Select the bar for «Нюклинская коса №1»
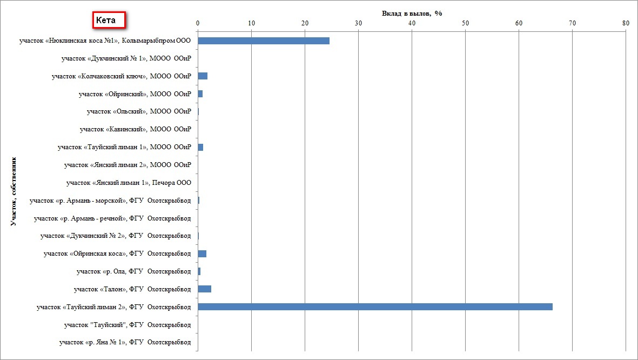[x=264, y=41]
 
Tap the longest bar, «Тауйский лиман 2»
[x=375, y=307]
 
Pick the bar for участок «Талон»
[x=204, y=289]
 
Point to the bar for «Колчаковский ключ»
[x=203, y=76]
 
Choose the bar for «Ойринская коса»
[x=202, y=254]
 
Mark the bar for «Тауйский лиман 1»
[x=200, y=147]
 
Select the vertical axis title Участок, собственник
[x=13, y=192]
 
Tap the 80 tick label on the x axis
[x=626, y=23]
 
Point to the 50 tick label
[x=465, y=23]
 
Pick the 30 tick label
[x=358, y=23]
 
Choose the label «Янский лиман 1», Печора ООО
[x=129, y=183]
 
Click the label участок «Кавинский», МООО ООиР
[x=135, y=129]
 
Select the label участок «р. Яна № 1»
[x=125, y=342]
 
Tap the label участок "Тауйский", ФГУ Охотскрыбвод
[x=127, y=325]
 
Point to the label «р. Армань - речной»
[x=112, y=218]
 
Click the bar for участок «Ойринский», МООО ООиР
[x=200, y=94]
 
